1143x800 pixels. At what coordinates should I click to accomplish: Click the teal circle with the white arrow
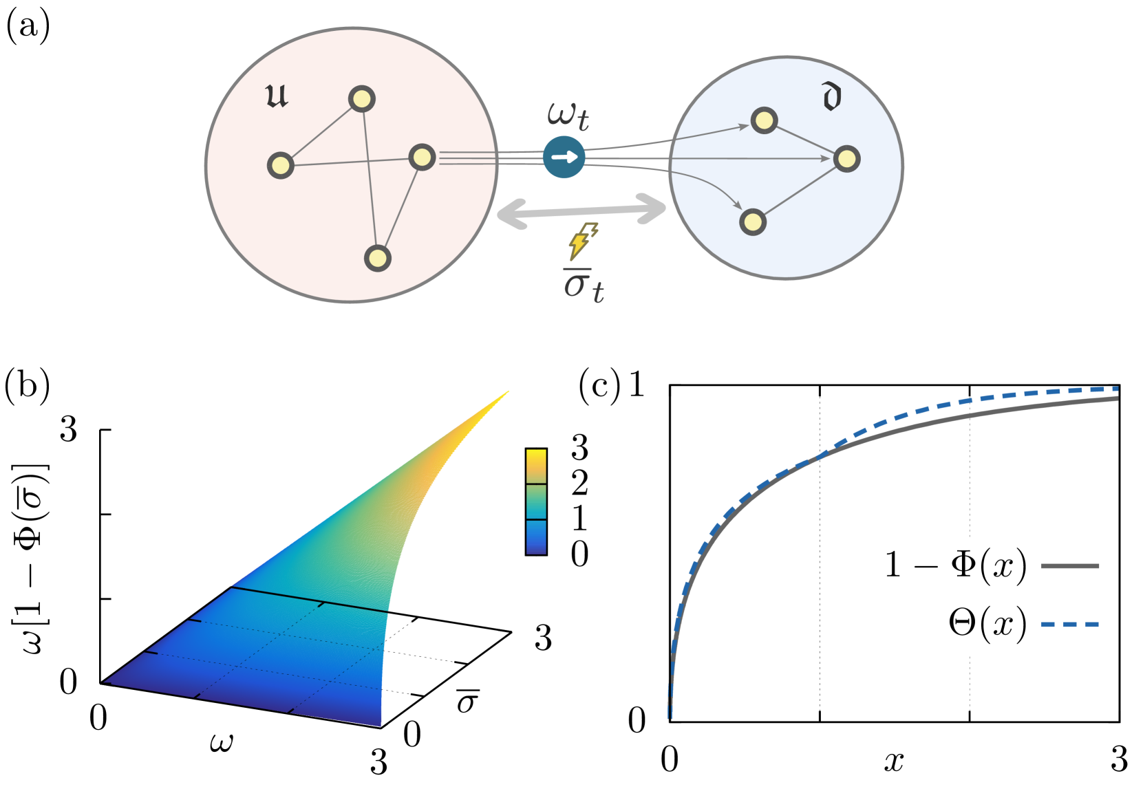click(564, 157)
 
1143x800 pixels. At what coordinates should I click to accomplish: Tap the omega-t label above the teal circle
click(568, 116)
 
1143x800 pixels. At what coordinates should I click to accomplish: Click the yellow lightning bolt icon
click(581, 241)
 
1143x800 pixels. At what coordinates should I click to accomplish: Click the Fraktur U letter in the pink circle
click(277, 96)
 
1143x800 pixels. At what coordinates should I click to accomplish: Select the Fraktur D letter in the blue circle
click(831, 97)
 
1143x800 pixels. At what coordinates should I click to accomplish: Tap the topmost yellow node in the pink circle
click(362, 99)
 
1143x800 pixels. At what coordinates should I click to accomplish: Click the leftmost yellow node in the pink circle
click(281, 166)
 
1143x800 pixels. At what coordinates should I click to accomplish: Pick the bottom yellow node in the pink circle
click(377, 258)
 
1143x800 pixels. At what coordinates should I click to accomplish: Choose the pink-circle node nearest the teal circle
click(422, 158)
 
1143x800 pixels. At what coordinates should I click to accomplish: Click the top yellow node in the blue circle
click(764, 121)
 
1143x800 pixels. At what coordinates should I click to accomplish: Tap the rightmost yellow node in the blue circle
click(846, 159)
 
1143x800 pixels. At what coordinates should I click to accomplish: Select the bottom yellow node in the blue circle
click(753, 222)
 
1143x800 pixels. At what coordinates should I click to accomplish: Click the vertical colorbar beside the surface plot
click(536, 501)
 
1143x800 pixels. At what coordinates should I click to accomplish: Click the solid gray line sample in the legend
click(1069, 566)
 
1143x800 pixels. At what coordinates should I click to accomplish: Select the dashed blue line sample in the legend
click(1069, 625)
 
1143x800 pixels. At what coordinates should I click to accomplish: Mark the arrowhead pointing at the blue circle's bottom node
click(738, 206)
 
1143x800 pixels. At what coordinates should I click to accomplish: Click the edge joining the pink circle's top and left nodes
click(321, 133)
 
